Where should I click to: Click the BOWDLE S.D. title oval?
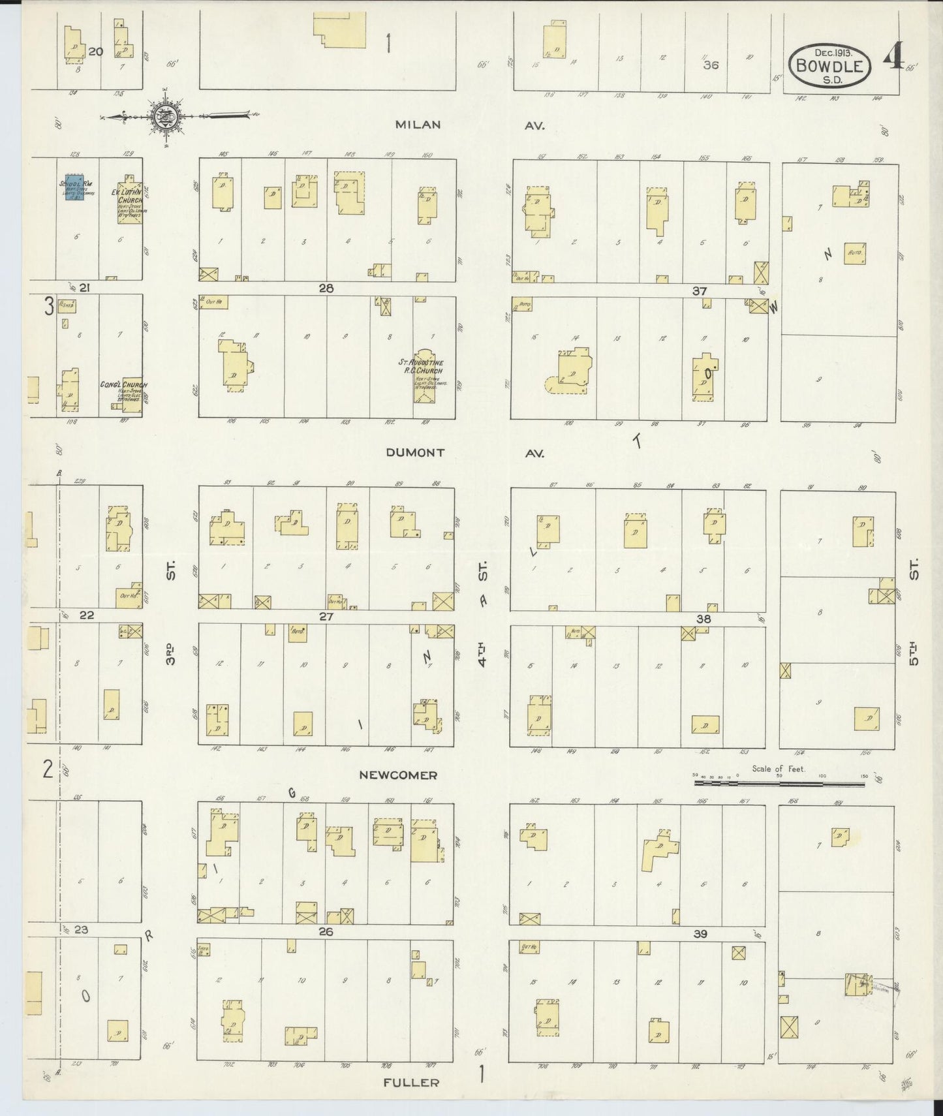click(x=830, y=65)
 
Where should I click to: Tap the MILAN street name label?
click(x=418, y=125)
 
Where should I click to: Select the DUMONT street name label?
click(x=415, y=452)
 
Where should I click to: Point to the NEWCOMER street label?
click(x=398, y=775)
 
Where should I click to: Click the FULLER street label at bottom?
click(x=411, y=1082)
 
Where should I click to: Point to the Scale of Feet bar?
click(x=779, y=777)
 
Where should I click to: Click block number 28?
click(x=326, y=288)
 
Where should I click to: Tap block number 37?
click(x=700, y=290)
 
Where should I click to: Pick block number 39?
click(x=700, y=934)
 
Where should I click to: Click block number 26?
click(x=326, y=931)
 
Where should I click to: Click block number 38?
click(x=703, y=619)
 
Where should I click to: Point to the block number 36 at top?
click(x=711, y=65)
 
